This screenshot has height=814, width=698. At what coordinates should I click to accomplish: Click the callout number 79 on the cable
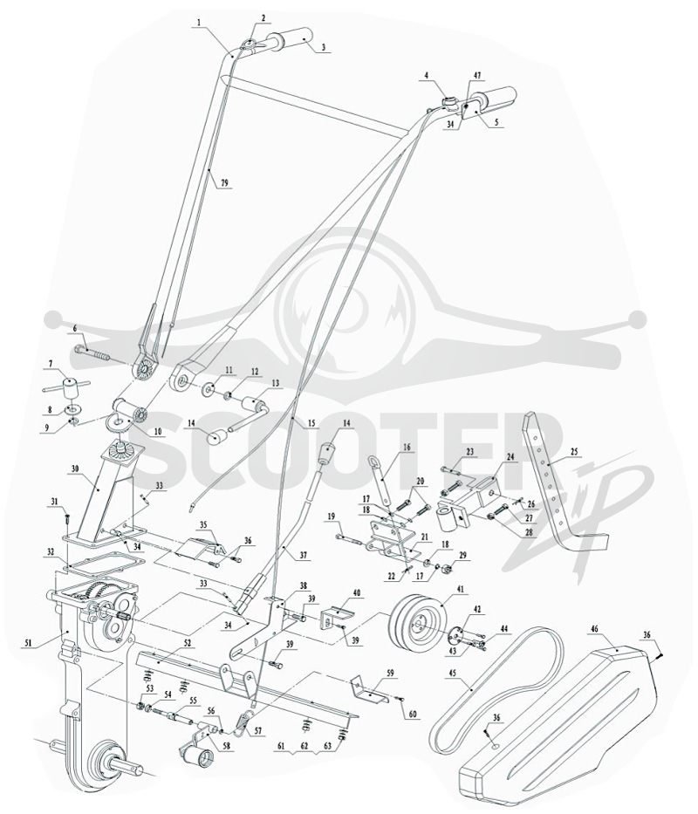click(x=224, y=182)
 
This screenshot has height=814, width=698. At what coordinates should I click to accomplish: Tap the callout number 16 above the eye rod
click(x=406, y=446)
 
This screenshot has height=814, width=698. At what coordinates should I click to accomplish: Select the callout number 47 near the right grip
click(x=476, y=76)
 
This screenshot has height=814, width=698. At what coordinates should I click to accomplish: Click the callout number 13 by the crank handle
click(x=275, y=383)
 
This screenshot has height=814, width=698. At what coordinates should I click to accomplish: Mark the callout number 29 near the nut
click(x=462, y=555)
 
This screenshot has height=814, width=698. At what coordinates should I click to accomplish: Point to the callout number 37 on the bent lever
click(x=304, y=556)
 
